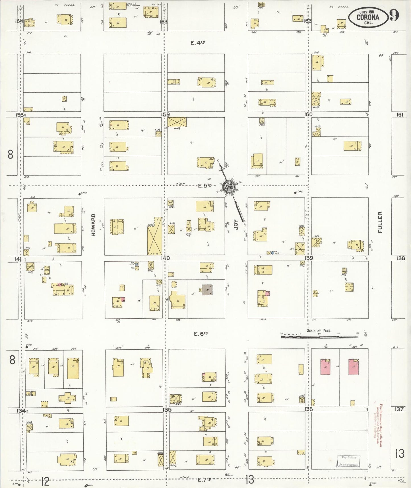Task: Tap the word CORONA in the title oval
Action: [x=368, y=17]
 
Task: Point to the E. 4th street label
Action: [x=198, y=43]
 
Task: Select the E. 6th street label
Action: [x=200, y=334]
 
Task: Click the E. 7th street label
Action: [x=205, y=479]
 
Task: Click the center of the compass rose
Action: [x=229, y=187]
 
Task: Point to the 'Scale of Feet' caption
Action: [x=319, y=331]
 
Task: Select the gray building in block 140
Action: [x=207, y=290]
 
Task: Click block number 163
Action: [x=164, y=22]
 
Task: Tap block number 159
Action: [x=165, y=114]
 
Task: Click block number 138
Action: [x=401, y=258]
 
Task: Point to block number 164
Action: [x=19, y=21]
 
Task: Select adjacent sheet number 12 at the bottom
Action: [x=45, y=482]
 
